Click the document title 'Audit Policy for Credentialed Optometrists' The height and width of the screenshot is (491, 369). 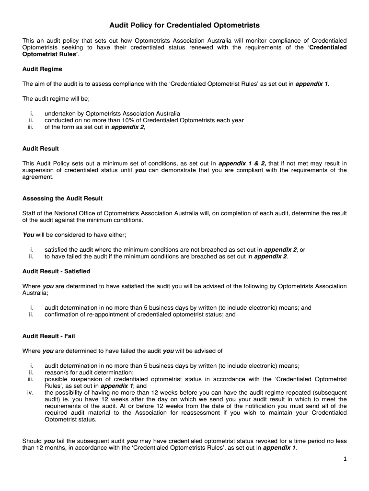point(184,25)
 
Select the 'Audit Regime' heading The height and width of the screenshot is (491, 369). point(42,69)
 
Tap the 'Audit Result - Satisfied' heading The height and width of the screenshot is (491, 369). point(56,271)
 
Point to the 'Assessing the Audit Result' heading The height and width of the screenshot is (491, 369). point(62,199)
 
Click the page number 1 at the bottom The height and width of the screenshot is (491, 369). point(345,459)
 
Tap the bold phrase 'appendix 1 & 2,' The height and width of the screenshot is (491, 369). point(242,164)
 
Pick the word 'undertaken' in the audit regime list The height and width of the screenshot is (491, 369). point(60,114)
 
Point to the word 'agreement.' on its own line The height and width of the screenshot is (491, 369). point(38,177)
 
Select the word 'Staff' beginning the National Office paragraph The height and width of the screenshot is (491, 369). point(30,213)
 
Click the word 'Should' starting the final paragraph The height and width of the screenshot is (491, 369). point(32,441)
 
